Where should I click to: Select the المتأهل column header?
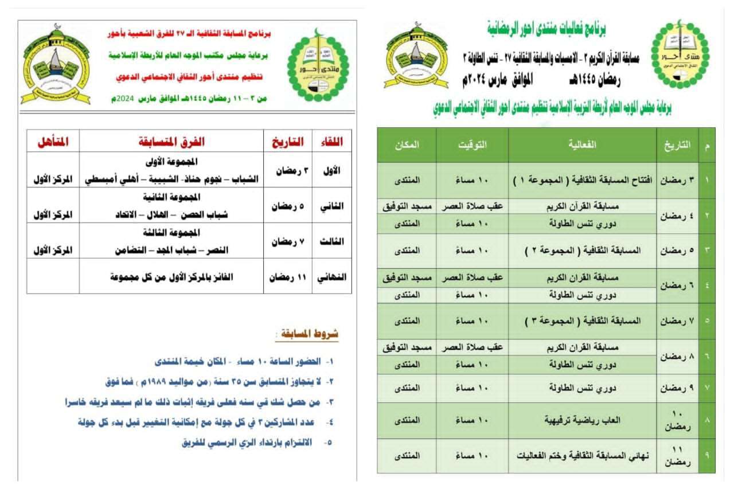click(53, 141)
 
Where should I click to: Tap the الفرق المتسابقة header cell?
click(171, 141)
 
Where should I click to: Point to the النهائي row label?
click(331, 276)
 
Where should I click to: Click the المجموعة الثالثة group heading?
click(171, 232)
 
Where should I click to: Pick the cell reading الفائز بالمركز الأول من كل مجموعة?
click(171, 276)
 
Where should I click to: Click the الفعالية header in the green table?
click(582, 145)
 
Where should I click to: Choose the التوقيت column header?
click(472, 145)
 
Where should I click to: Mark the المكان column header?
click(407, 145)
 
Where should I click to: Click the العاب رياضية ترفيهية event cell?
click(582, 420)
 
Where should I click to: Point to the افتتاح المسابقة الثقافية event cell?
click(582, 180)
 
